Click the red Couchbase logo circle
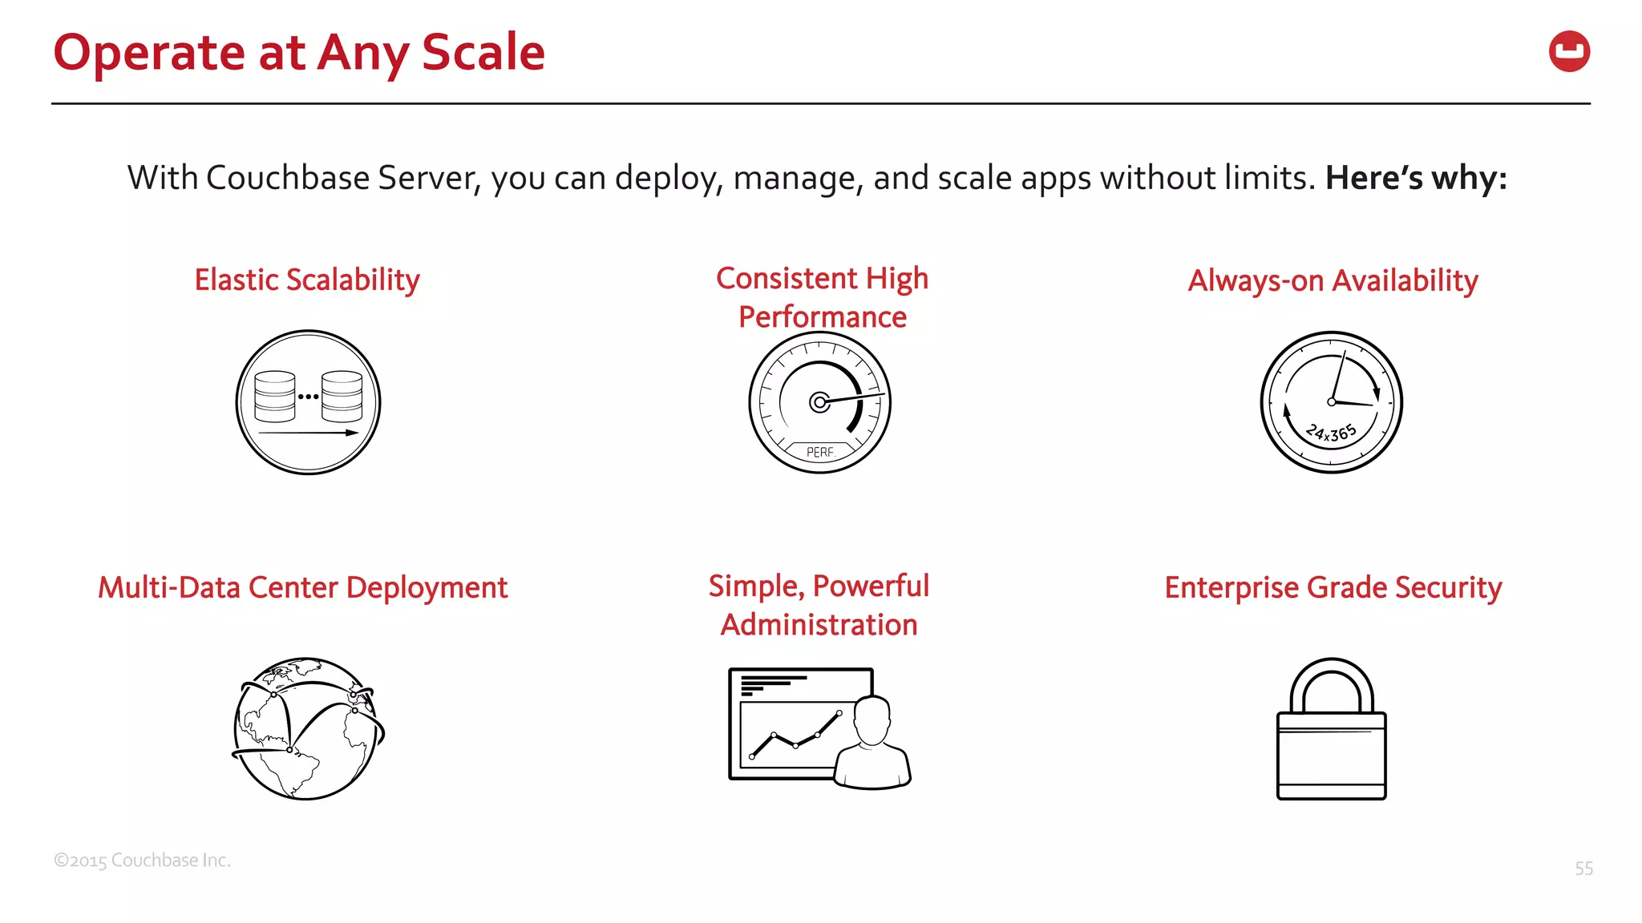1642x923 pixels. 1569,52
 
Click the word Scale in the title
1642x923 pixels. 483,53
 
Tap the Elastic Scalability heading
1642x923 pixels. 307,280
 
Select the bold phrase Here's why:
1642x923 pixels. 1415,178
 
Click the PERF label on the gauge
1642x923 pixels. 819,453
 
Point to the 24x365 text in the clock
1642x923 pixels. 1331,433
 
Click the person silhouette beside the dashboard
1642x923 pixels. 872,745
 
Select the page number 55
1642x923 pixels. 1583,869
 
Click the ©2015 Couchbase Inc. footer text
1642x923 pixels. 142,861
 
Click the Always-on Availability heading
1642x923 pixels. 1333,281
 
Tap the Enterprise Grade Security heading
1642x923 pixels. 1333,588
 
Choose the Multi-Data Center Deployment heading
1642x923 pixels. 302,588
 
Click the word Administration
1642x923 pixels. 819,625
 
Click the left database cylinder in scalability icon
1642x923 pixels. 275,397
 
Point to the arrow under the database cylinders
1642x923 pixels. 308,433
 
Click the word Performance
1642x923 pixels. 822,317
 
